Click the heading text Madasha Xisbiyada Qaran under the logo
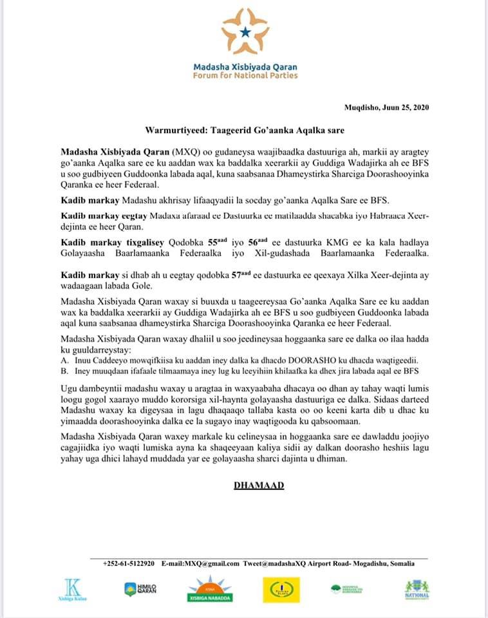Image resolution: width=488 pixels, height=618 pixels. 245,67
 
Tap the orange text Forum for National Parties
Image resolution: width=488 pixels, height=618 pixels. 245,76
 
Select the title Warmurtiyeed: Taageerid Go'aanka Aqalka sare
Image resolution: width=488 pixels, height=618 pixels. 244,130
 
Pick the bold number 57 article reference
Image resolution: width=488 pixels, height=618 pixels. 238,274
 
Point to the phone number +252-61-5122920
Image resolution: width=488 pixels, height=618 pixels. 128,563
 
